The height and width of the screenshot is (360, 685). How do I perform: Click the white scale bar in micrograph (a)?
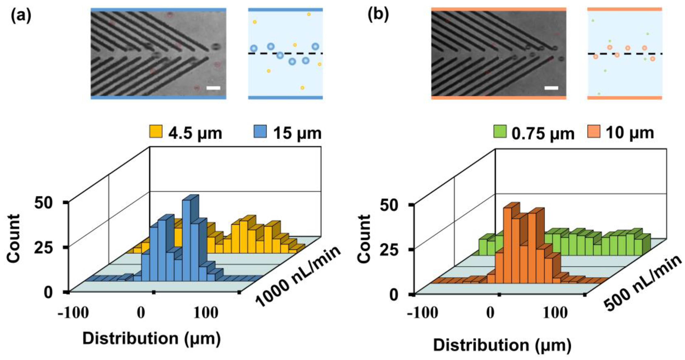click(x=213, y=88)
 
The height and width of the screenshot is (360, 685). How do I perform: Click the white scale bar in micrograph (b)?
click(x=551, y=88)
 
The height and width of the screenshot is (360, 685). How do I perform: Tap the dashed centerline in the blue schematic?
click(x=285, y=53)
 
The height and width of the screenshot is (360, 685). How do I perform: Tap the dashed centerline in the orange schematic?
click(x=625, y=54)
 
